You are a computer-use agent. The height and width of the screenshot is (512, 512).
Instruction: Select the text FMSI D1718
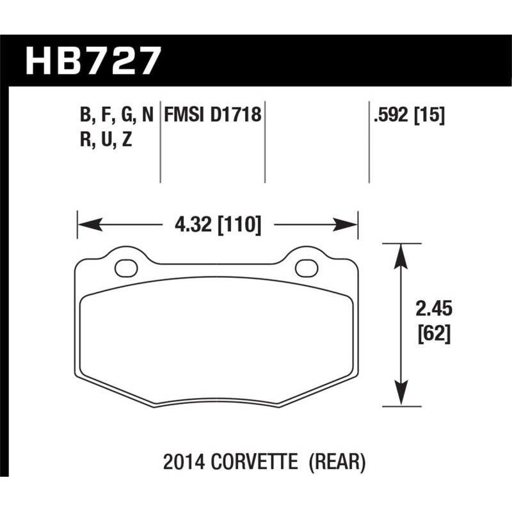tap(212, 116)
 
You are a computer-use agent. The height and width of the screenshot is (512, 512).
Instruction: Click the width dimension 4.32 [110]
tap(218, 225)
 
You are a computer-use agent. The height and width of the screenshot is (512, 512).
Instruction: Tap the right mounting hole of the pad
tap(306, 266)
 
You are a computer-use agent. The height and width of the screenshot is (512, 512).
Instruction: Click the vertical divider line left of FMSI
tap(159, 144)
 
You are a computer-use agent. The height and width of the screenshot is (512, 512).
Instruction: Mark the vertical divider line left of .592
tap(369, 144)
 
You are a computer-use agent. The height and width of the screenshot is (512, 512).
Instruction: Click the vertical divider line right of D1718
tap(265, 144)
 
